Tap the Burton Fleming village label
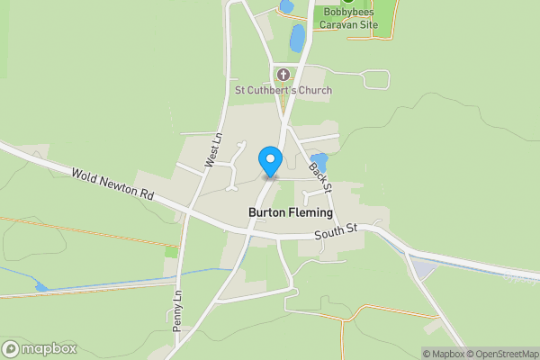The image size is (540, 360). (x=290, y=213)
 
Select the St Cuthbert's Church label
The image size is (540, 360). (x=283, y=90)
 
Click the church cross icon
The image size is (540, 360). (x=283, y=74)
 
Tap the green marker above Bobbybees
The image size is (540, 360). (x=347, y=3)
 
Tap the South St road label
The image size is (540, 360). (x=337, y=233)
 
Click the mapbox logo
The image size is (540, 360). (x=40, y=348)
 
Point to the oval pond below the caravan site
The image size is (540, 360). (x=297, y=38)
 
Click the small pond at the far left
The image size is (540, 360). (x=40, y=287)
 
